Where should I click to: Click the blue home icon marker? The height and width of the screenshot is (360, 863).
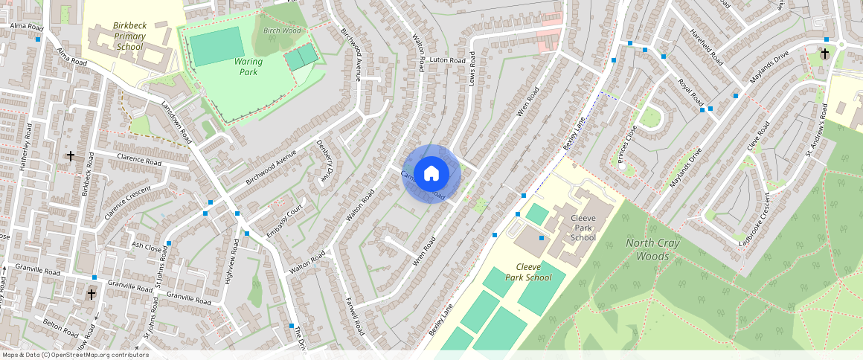point(431,173)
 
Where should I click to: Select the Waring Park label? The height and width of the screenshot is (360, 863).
point(248,66)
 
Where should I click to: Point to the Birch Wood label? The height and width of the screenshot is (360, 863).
point(282,30)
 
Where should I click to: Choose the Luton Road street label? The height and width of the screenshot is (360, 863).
point(448,60)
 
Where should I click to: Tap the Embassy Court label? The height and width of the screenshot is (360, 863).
point(286,221)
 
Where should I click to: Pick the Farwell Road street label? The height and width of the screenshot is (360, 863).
point(352,315)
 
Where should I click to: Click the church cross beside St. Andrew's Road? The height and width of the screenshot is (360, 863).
point(824,54)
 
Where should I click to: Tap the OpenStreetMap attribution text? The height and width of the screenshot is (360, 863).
point(76,355)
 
